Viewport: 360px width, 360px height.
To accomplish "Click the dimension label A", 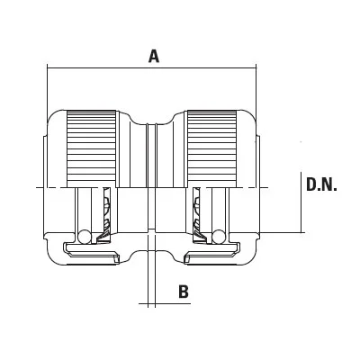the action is [x=154, y=57].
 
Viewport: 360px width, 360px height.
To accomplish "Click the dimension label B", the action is [x=184, y=292].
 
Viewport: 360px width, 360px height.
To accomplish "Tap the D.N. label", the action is [x=321, y=184].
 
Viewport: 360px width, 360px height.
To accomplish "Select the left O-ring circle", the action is [x=84, y=237].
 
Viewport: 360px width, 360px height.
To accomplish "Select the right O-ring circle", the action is [x=218, y=237].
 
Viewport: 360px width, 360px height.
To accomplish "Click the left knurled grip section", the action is [x=91, y=148].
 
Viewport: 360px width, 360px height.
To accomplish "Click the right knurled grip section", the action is [x=211, y=148].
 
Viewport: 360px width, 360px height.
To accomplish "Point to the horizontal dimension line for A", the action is [x=152, y=67].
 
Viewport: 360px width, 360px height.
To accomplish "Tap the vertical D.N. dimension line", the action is [x=301, y=202].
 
